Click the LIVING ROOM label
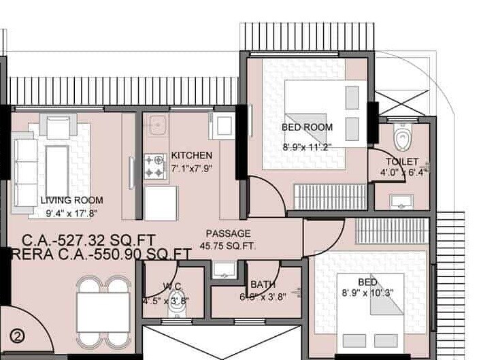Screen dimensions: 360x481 coord(71,200)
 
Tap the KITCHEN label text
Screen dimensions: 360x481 coord(191,155)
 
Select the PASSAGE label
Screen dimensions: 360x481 coord(229,233)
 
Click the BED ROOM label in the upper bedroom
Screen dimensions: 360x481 coord(308,127)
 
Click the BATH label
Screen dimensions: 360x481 coord(263,284)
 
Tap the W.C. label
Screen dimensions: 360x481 coord(171,287)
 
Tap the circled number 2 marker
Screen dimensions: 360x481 coord(18,335)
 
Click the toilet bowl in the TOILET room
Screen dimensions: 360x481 coord(402,138)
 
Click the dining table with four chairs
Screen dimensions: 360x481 coord(101,312)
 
